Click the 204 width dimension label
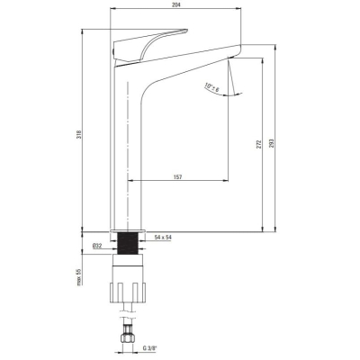[175, 4]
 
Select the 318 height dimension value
[79, 133]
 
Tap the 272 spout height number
[259, 144]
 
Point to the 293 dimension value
[272, 143]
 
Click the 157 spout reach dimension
[177, 177]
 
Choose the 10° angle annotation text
[212, 87]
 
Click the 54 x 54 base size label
[163, 238]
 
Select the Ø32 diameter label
[97, 246]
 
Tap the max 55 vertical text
[79, 276]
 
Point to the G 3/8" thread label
[150, 348]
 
